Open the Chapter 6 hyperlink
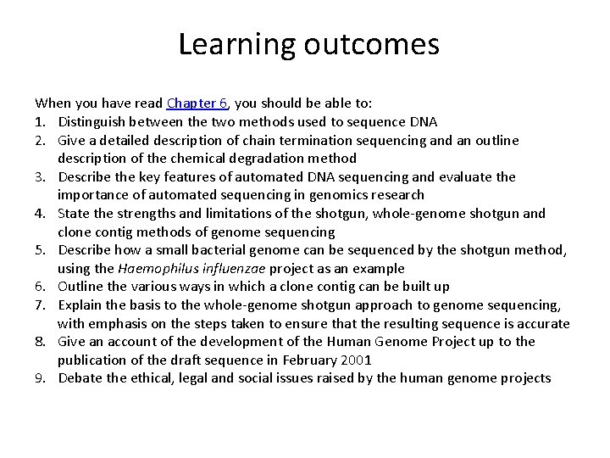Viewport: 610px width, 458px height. pyautogui.click(x=197, y=103)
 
